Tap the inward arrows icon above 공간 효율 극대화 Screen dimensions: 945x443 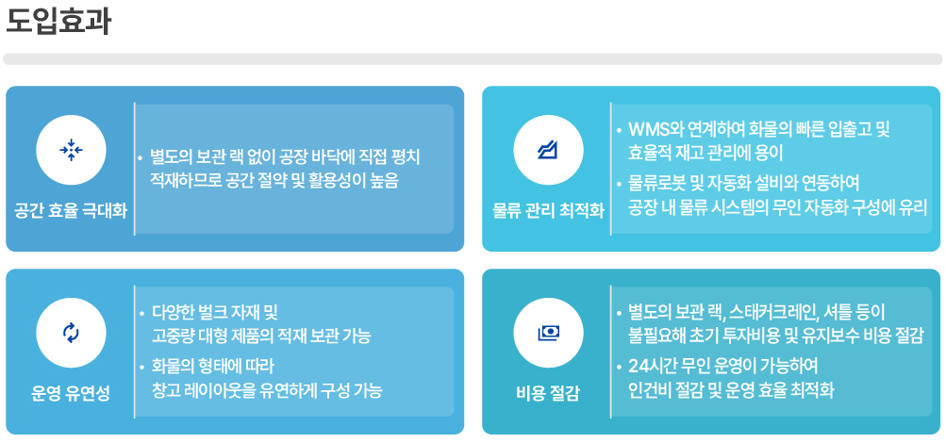tap(71, 150)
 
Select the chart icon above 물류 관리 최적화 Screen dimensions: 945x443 tap(548, 150)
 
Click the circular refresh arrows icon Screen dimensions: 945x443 tap(71, 333)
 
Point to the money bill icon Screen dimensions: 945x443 tap(549, 333)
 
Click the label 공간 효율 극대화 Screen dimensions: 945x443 tap(71, 211)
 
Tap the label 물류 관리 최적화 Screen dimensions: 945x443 tap(549, 211)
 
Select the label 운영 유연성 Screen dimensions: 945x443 tap(71, 395)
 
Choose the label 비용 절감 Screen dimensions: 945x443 tap(549, 395)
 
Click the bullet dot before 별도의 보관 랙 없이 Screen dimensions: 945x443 tap(141, 158)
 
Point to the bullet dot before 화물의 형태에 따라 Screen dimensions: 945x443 tap(141, 366)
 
